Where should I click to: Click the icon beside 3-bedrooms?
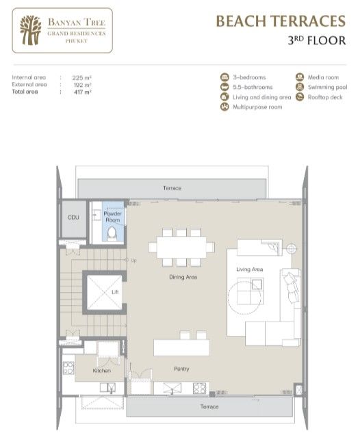pyautogui.click(x=224, y=78)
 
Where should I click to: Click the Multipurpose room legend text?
pyautogui.click(x=257, y=107)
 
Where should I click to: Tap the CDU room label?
pyautogui.click(x=73, y=218)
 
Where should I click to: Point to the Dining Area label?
pyautogui.click(x=183, y=277)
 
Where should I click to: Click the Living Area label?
pyautogui.click(x=250, y=270)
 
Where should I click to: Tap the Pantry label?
pyautogui.click(x=181, y=369)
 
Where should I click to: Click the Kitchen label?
pyautogui.click(x=102, y=371)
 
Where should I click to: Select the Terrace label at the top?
pyautogui.click(x=172, y=187)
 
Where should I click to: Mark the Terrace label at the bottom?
pyautogui.click(x=209, y=407)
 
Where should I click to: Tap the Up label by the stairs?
pyautogui.click(x=133, y=261)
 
